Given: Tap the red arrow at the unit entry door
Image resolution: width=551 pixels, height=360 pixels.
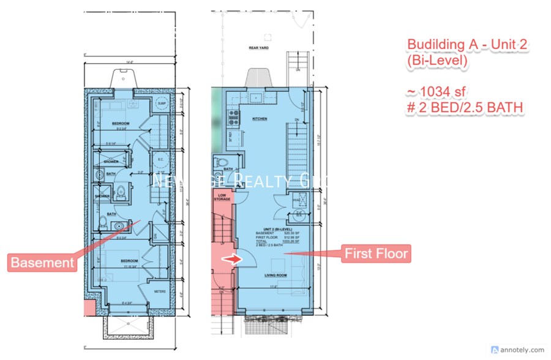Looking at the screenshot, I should coord(229,260).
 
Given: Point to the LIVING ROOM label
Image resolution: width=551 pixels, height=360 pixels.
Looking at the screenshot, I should coord(277,276).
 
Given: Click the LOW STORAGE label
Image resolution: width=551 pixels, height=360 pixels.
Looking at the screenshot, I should coord(222,198).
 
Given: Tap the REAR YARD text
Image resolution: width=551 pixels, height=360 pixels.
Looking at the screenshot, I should coord(260,48).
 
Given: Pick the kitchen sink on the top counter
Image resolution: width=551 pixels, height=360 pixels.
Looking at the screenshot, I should coord(256,97).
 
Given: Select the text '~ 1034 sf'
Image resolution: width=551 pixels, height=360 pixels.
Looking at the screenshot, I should coord(436,92).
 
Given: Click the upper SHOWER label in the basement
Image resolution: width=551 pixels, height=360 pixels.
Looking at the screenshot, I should coord(111,162).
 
